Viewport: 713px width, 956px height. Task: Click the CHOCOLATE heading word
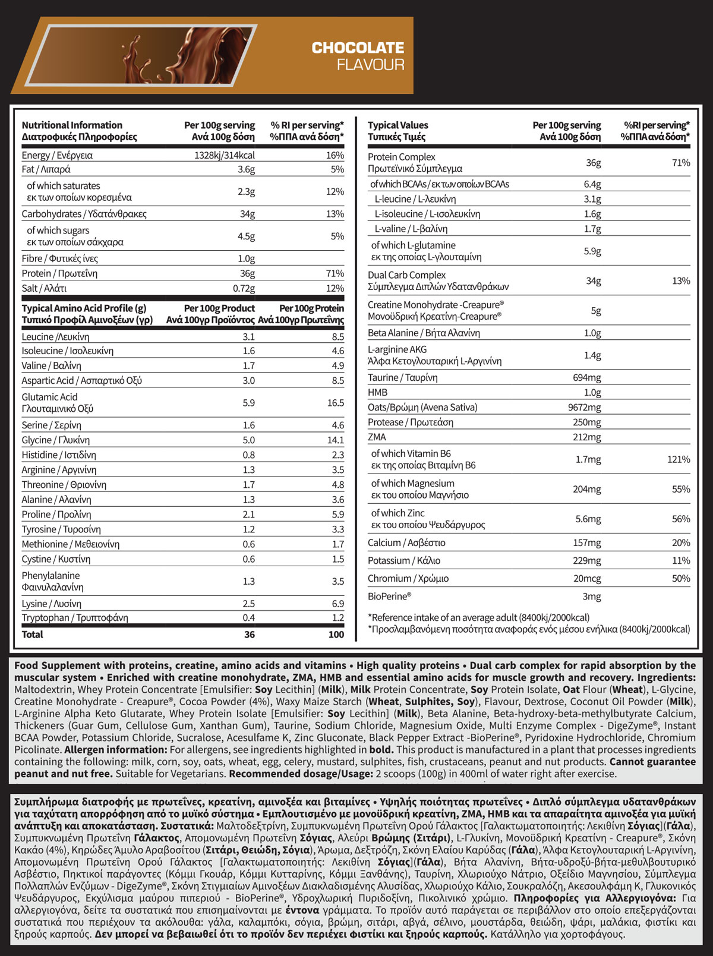[x=358, y=48]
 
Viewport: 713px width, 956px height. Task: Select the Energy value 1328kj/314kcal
[x=225, y=155]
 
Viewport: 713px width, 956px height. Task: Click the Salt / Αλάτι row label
[x=44, y=288]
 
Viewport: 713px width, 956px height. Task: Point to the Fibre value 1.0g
[x=246, y=258]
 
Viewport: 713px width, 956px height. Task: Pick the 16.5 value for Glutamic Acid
[x=336, y=403]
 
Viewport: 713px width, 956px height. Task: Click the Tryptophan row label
[x=75, y=618]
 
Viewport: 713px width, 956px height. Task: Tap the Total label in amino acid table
[x=32, y=635]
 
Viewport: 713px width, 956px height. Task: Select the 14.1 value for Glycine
[x=336, y=440]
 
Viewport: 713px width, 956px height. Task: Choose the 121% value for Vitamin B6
[x=679, y=459]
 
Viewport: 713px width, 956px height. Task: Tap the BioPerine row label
[x=389, y=596]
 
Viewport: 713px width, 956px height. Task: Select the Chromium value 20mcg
[x=587, y=578]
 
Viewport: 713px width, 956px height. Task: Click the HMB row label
[x=377, y=392]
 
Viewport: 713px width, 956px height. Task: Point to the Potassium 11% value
[x=681, y=560]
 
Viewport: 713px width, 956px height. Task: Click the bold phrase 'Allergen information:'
[x=115, y=750]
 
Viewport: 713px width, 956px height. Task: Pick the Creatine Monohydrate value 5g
[x=595, y=311]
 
